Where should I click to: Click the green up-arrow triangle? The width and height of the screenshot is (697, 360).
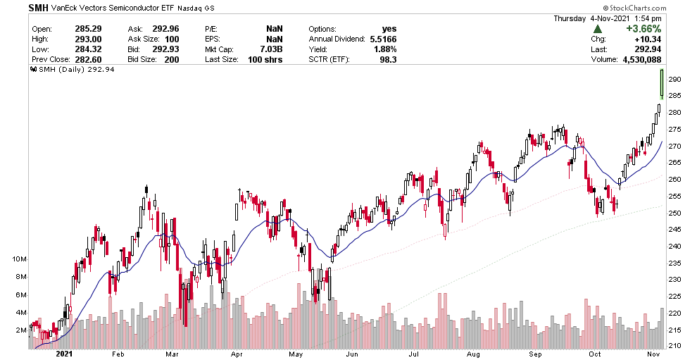pyautogui.click(x=597, y=29)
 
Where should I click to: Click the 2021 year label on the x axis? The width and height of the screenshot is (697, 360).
pyautogui.click(x=65, y=354)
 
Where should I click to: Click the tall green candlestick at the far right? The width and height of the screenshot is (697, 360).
pyautogui.click(x=662, y=83)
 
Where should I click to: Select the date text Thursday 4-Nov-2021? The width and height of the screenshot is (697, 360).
pyautogui.click(x=608, y=18)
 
